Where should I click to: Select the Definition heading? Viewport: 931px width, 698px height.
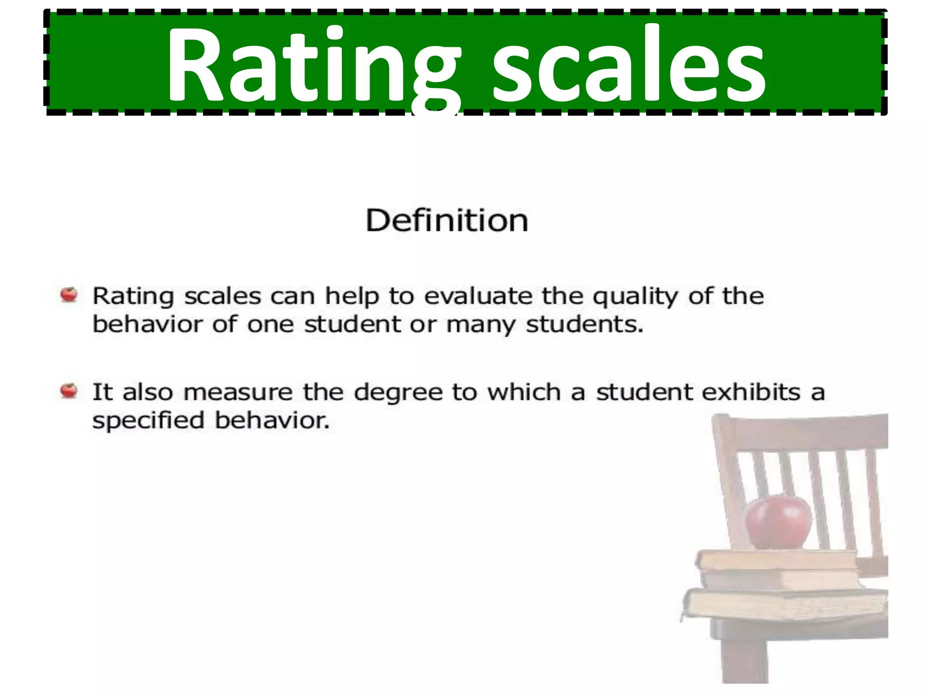tap(447, 221)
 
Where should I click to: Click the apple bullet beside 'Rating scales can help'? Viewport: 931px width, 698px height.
tap(69, 295)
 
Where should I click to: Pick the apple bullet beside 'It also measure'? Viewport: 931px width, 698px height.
tap(69, 391)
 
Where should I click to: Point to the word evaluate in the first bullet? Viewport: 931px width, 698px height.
tap(478, 296)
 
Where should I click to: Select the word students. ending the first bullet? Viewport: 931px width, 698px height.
tap(585, 324)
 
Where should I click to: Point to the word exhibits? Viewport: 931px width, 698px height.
tap(751, 392)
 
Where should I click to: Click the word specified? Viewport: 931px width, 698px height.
tap(148, 421)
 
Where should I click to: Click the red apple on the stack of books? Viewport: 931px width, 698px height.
tap(778, 523)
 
